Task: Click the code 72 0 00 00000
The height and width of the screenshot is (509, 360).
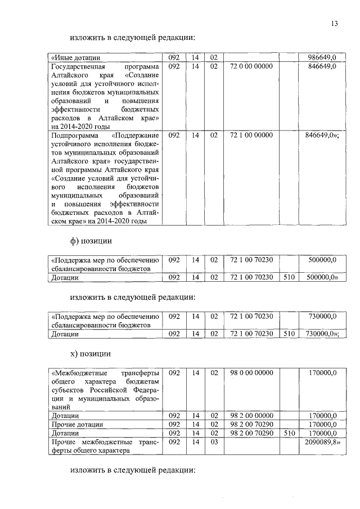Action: click(x=251, y=66)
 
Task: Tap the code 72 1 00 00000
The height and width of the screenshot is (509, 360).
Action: click(x=251, y=135)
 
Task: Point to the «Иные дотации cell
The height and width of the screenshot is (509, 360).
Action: click(x=76, y=57)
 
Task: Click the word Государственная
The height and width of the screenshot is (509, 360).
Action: click(x=79, y=66)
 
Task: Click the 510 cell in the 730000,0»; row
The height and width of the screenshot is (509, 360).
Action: click(x=288, y=334)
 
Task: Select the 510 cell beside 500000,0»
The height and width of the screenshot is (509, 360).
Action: click(x=288, y=277)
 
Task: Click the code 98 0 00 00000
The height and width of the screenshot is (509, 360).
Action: click(x=251, y=372)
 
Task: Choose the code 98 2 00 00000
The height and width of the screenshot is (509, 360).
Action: click(x=251, y=416)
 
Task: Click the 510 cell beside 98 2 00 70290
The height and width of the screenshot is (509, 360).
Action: click(x=288, y=433)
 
